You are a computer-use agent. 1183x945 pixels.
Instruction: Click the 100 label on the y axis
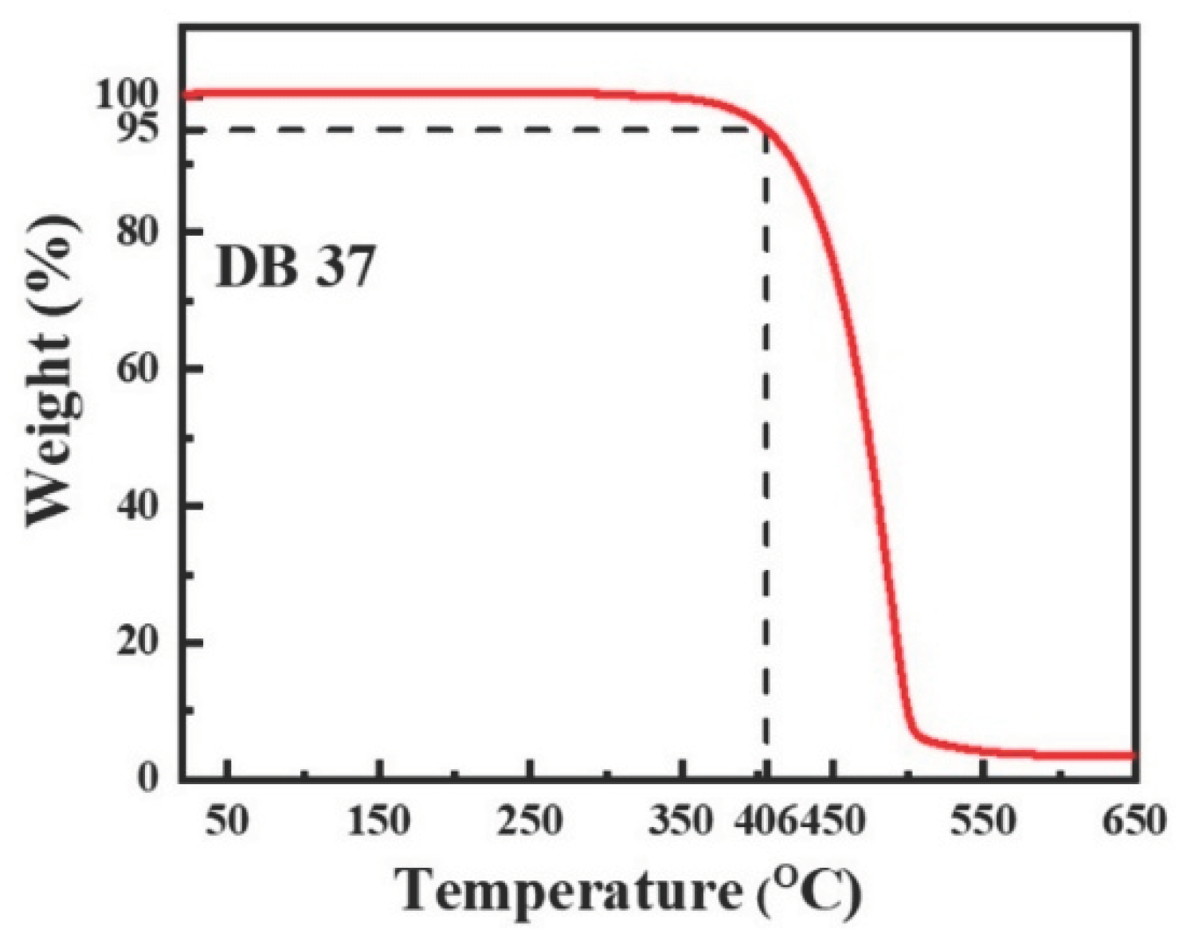tap(127, 95)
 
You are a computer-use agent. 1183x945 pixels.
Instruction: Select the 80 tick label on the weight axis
tap(138, 232)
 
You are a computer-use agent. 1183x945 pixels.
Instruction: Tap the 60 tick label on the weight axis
tap(138, 369)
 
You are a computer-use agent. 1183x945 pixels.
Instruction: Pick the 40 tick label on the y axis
tap(138, 506)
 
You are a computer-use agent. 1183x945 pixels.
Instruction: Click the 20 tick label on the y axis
tap(138, 642)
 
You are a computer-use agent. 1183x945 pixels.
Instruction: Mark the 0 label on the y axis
tap(148, 777)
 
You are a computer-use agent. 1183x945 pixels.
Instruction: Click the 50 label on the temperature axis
tap(227, 820)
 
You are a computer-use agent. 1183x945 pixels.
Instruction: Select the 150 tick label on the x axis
tap(380, 820)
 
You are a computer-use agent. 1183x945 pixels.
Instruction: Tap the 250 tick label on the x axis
tap(531, 820)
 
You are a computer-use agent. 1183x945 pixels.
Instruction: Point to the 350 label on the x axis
tap(681, 820)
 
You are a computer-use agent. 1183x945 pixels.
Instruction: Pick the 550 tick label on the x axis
tap(985, 820)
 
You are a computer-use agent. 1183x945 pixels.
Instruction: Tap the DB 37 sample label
tap(294, 267)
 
